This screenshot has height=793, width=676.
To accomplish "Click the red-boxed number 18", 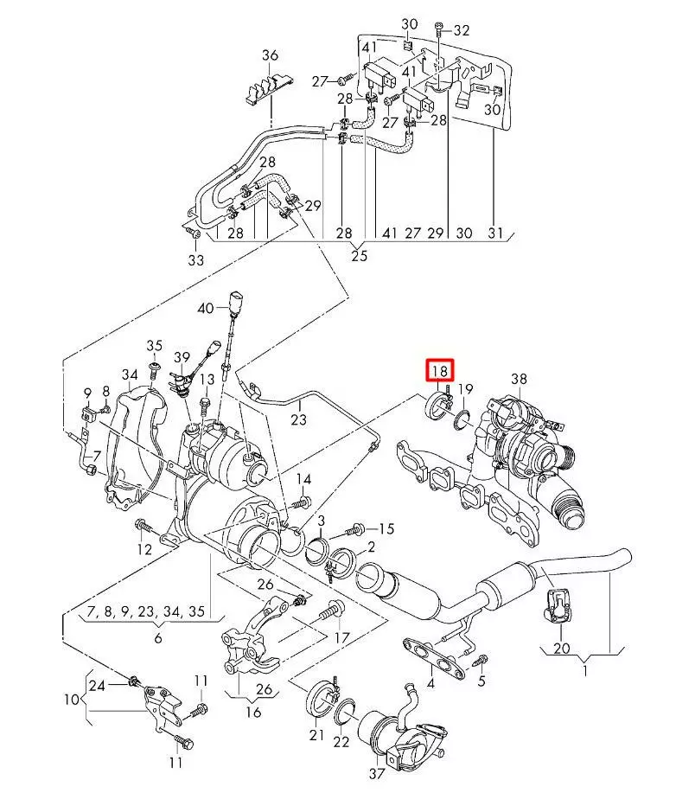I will click(x=439, y=371).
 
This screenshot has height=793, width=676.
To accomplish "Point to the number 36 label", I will click(x=271, y=56).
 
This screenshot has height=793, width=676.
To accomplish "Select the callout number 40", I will click(x=204, y=308).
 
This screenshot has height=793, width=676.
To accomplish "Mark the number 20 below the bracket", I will click(x=561, y=648).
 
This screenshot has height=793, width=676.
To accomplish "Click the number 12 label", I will click(x=143, y=548).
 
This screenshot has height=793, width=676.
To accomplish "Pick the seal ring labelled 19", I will click(x=462, y=419).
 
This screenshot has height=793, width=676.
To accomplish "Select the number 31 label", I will click(x=494, y=233).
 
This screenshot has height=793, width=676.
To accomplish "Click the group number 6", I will click(x=158, y=637).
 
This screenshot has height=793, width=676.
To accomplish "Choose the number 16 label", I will click(x=253, y=713).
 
